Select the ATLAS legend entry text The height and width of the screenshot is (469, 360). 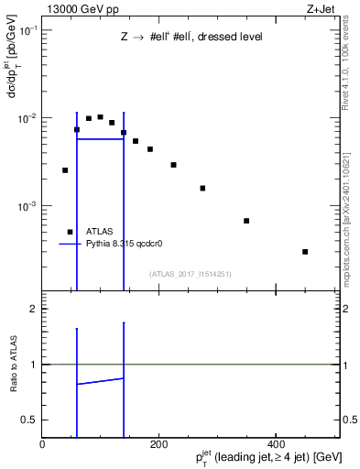coord(99,232)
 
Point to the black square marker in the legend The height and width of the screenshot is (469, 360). coord(70,232)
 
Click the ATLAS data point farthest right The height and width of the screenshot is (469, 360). coord(305,251)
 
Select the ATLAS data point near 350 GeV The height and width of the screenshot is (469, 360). coord(246,221)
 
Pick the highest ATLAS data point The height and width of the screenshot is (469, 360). coord(100,117)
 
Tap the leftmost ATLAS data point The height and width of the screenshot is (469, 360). coord(65,170)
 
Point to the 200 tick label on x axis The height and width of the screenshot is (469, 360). coord(158,444)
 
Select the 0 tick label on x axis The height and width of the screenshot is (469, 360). coord(42,444)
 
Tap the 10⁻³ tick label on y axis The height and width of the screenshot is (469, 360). coord(27,206)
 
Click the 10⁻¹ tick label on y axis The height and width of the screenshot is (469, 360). coord(27,30)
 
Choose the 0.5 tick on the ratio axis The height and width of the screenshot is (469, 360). coord(31,420)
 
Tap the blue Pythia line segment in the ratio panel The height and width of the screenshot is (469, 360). coord(100,381)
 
